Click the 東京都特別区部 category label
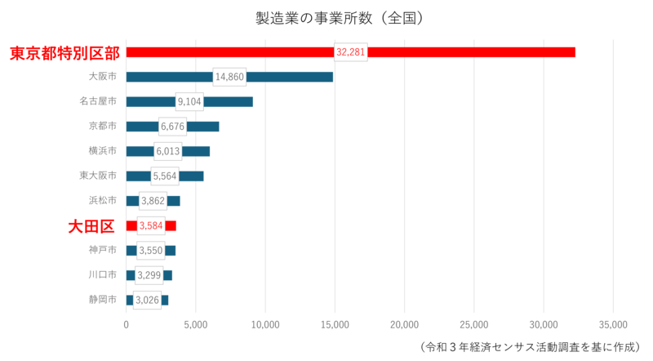[x=64, y=54]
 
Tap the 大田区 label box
[x=91, y=226]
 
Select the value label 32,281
[x=351, y=52]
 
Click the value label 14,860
[x=229, y=77]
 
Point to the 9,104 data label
[x=189, y=101]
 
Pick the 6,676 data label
[x=172, y=127]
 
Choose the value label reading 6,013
[x=168, y=151]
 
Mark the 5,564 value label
[x=165, y=176]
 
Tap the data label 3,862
[x=153, y=201]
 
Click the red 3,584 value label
[x=151, y=225]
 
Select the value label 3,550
[x=150, y=251]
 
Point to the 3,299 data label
[x=149, y=275]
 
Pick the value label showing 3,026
[x=147, y=301]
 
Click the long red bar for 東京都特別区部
[x=473, y=52]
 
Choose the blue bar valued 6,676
[x=204, y=127]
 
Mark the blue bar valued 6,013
[x=198, y=151]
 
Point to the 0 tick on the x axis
[x=126, y=324]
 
